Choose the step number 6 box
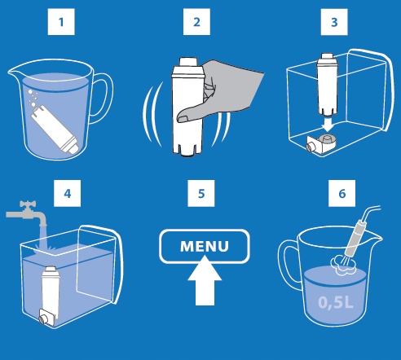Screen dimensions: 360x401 click(333, 195)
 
